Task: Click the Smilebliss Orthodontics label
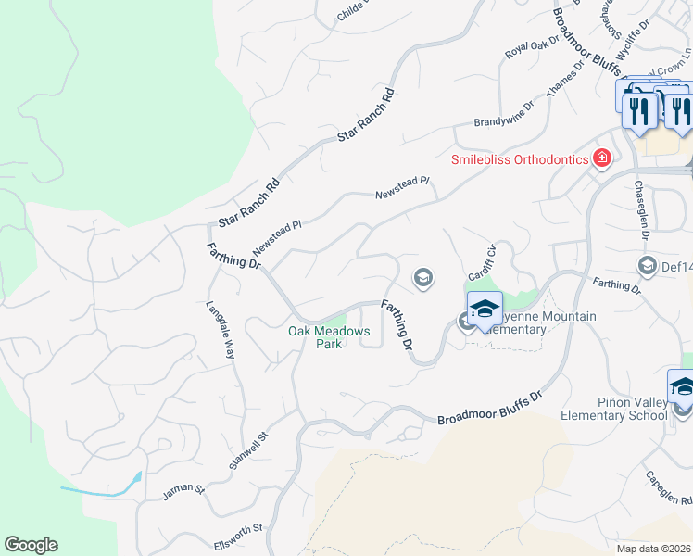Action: tap(520, 158)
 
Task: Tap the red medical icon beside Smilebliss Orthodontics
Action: tap(602, 158)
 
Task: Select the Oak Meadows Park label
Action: tap(329, 337)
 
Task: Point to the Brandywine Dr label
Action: tap(504, 114)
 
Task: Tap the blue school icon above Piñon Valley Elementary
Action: tap(683, 385)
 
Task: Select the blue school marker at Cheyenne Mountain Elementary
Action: tap(485, 309)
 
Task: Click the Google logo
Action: tap(31, 545)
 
